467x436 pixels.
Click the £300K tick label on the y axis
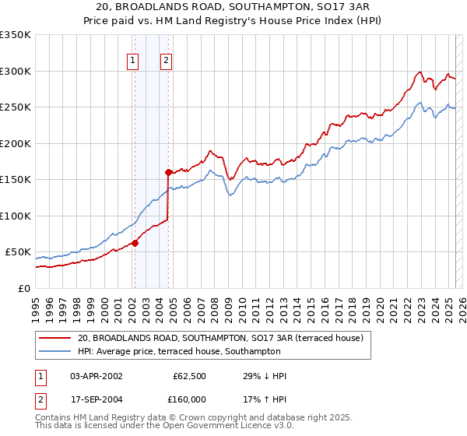tap(16, 71)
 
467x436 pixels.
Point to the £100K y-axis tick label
tap(16, 216)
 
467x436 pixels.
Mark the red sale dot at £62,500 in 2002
tap(135, 243)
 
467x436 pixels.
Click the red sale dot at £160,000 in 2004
tap(168, 172)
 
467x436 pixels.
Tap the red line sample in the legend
tap(55, 339)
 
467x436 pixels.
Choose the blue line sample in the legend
tap(55, 352)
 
